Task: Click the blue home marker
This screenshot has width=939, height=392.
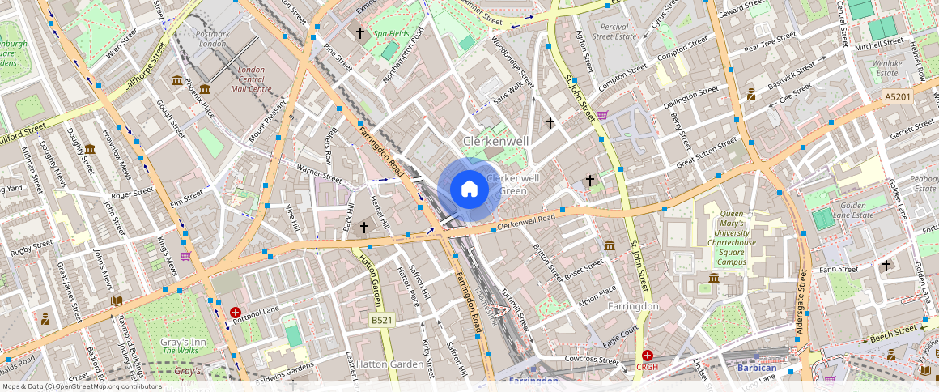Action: [x=469, y=190]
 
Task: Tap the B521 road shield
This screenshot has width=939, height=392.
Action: [x=383, y=322]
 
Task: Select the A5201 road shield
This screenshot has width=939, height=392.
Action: [x=897, y=96]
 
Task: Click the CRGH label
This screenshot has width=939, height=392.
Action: [x=648, y=367]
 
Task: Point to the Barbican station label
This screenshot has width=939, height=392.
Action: [x=757, y=369]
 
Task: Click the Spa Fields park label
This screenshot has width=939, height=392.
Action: [x=391, y=34]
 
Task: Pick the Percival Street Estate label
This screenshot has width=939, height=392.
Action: [x=615, y=32]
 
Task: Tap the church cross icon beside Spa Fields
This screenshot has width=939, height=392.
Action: [x=361, y=33]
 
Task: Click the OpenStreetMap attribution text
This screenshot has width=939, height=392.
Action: [x=82, y=386]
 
